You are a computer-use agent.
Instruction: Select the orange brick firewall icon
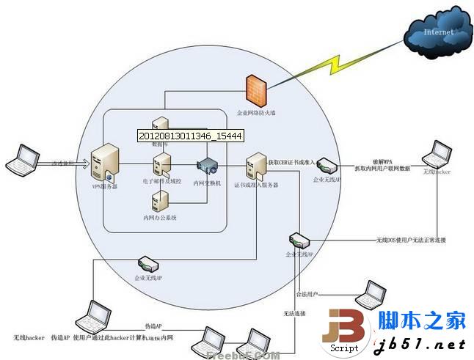pyautogui.click(x=254, y=91)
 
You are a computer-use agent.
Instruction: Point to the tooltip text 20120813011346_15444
pyautogui.click(x=190, y=136)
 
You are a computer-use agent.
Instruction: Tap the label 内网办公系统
pyautogui.click(x=160, y=218)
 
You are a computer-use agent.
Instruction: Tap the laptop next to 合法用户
pyautogui.click(x=368, y=293)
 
